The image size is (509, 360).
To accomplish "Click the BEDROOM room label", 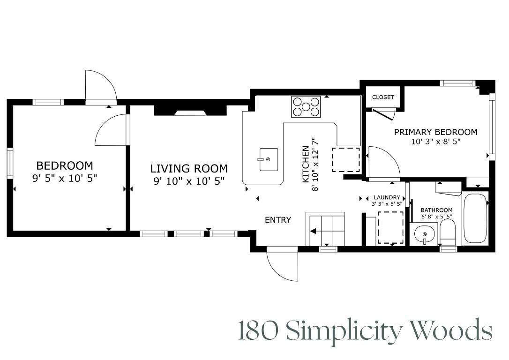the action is point(65,165).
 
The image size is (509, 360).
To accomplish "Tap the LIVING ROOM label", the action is point(189,168).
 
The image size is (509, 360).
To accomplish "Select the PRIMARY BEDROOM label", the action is point(435,132).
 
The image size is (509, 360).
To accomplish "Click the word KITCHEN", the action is point(306,164).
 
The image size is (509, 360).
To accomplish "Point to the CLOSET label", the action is point(383,97).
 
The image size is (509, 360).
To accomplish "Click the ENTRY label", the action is point(278,220).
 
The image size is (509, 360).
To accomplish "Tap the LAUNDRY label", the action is point(387,197).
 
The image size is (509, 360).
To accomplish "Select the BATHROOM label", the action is point(437,210).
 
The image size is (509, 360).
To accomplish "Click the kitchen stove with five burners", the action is point(306,107).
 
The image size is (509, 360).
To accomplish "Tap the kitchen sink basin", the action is point(269,159).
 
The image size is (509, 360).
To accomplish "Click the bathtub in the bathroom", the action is point(475,217).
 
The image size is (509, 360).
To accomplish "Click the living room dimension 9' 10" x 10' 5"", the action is point(189,181).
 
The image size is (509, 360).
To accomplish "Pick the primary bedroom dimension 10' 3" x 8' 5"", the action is point(435,142).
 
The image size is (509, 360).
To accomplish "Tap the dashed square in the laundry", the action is point(390,227).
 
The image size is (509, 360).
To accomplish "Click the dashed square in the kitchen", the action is point(346,160).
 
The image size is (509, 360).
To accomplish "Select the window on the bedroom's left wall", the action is point(10,163).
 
